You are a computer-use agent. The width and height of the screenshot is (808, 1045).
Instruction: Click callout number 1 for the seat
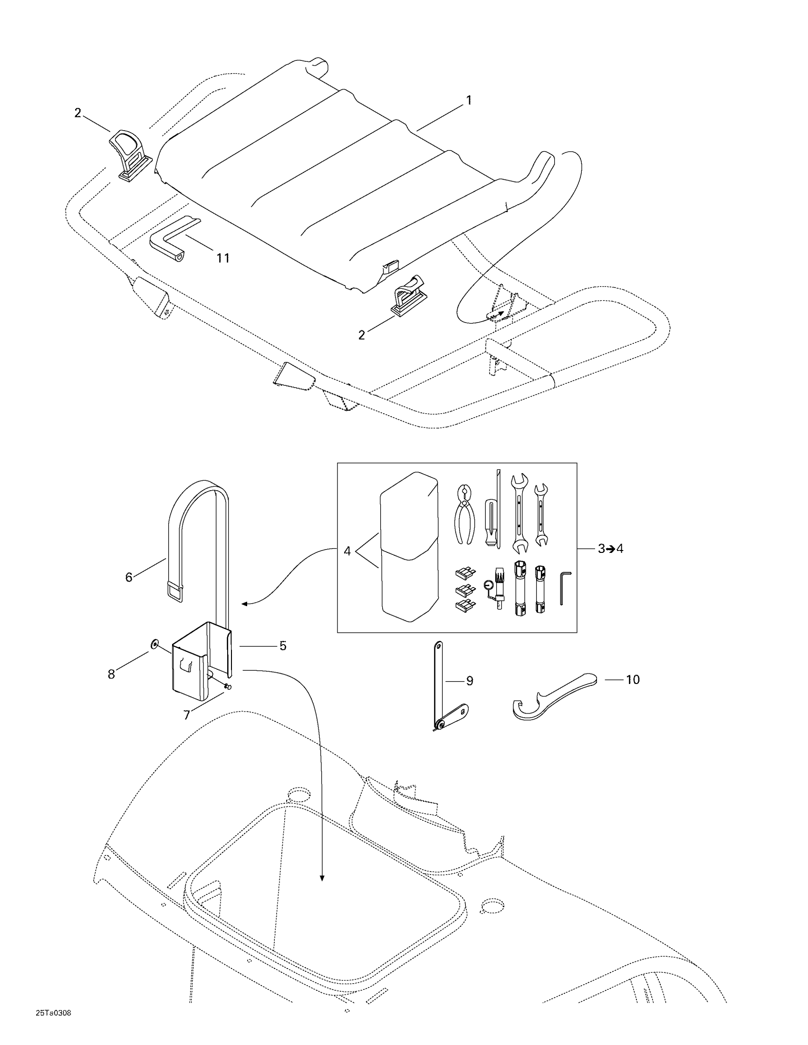(x=469, y=101)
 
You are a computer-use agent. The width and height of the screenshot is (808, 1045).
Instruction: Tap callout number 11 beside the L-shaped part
(x=222, y=258)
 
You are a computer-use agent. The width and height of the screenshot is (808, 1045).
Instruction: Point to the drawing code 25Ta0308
(x=53, y=1013)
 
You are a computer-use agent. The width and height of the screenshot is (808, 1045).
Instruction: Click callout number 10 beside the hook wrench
(x=633, y=679)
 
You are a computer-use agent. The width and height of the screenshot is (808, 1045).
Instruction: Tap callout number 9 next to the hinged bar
(x=470, y=680)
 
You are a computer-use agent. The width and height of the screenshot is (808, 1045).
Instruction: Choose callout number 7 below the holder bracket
(x=187, y=715)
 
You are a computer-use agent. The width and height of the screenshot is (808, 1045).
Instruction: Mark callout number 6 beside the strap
(x=129, y=577)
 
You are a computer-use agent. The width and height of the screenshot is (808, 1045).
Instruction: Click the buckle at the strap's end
(x=175, y=592)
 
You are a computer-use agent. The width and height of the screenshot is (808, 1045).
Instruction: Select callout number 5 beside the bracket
(x=283, y=646)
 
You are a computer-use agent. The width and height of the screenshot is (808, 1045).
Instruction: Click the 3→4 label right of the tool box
(x=610, y=549)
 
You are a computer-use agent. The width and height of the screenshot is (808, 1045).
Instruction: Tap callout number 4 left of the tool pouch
(x=347, y=551)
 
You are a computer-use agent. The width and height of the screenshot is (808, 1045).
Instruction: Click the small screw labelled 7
(x=227, y=687)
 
